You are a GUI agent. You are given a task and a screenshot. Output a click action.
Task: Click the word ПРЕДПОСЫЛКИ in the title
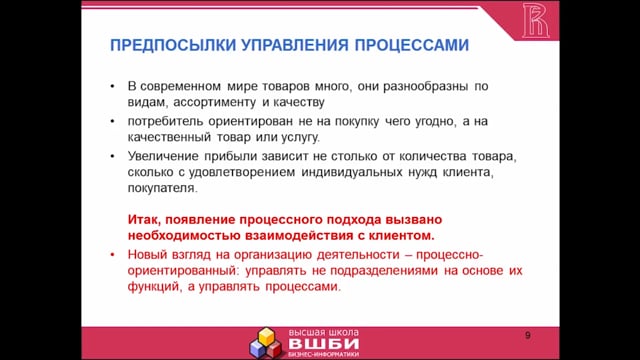click(x=173, y=45)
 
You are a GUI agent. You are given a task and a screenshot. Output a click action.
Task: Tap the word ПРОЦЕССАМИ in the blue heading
click(x=412, y=45)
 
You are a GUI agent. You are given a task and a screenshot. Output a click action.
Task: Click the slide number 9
click(x=528, y=336)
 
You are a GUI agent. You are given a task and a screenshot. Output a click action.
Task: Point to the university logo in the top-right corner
click(x=536, y=20)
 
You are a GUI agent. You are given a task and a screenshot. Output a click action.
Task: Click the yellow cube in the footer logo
click(x=267, y=336)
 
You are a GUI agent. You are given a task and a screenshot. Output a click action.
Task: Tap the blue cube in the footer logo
click(x=258, y=349)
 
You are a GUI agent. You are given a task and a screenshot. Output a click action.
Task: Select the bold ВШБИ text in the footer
click(x=324, y=344)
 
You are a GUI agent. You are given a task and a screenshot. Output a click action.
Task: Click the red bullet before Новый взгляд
click(x=113, y=255)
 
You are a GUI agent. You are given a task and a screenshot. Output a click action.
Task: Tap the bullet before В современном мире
click(x=113, y=86)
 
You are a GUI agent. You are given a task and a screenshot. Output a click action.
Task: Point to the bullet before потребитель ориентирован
click(x=113, y=121)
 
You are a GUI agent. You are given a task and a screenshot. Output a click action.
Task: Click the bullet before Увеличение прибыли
click(x=113, y=156)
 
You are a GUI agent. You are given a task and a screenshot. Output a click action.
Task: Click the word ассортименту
click(x=215, y=102)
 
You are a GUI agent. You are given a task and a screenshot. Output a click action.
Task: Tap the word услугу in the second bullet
click(x=300, y=138)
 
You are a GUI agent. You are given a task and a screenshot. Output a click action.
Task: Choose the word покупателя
click(x=162, y=188)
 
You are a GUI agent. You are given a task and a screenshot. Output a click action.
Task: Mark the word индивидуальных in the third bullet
click(x=352, y=172)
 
